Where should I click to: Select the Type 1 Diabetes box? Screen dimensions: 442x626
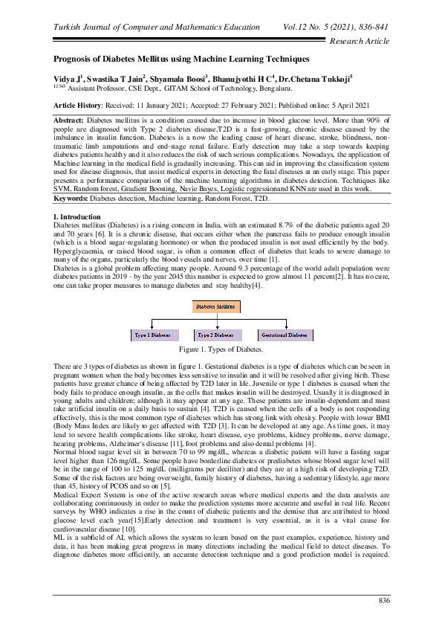point(152,335)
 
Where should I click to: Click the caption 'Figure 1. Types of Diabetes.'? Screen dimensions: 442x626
point(221,349)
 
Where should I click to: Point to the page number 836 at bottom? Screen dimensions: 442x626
point(384,600)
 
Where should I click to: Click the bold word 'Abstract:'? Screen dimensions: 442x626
point(70,119)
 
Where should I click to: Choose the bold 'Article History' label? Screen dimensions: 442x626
point(81,106)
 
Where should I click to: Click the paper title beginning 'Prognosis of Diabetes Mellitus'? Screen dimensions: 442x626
point(181,58)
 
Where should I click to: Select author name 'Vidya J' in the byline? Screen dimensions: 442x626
point(66,78)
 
